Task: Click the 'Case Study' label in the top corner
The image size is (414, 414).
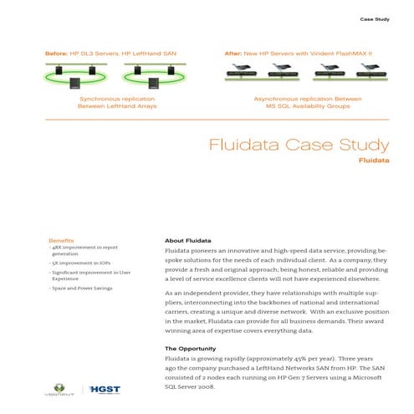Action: click(375, 18)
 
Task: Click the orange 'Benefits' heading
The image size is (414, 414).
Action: click(61, 241)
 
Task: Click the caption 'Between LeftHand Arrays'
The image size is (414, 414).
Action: click(117, 106)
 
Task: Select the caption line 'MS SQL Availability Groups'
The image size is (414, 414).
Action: click(307, 106)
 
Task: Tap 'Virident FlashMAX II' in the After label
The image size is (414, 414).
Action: click(336, 53)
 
